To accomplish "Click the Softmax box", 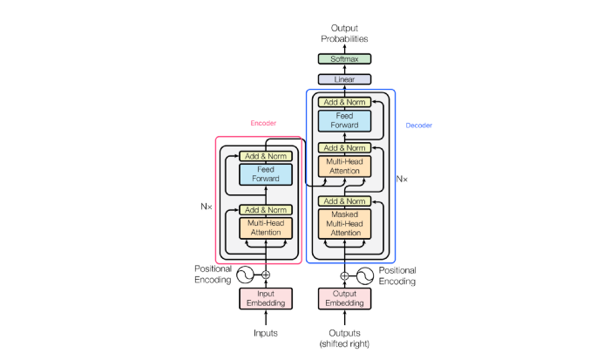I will click(x=344, y=59).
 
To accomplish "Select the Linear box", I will click(x=344, y=79).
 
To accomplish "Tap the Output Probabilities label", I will click(x=344, y=33).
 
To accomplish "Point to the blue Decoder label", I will click(x=419, y=126).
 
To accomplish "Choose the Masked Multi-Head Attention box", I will click(x=344, y=224).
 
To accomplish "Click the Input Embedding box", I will click(x=266, y=298).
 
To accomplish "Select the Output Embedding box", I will click(x=344, y=298).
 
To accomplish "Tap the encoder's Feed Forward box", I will click(x=266, y=173).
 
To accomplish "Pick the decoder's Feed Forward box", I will click(x=344, y=120).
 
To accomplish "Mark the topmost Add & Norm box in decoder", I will click(x=344, y=102).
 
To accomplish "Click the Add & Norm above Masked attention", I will click(x=344, y=201).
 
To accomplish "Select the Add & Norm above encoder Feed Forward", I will click(x=266, y=156).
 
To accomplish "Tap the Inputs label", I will click(x=266, y=332).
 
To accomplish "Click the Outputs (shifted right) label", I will click(x=344, y=337).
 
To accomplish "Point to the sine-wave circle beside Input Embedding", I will click(x=242, y=275).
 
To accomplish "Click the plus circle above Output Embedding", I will click(x=344, y=275).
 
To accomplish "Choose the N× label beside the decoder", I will click(x=402, y=179).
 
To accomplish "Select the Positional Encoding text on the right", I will click(x=397, y=275).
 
